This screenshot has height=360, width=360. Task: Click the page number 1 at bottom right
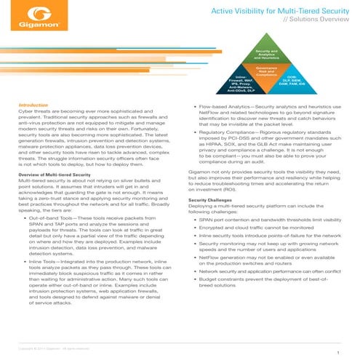tap(339, 352)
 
